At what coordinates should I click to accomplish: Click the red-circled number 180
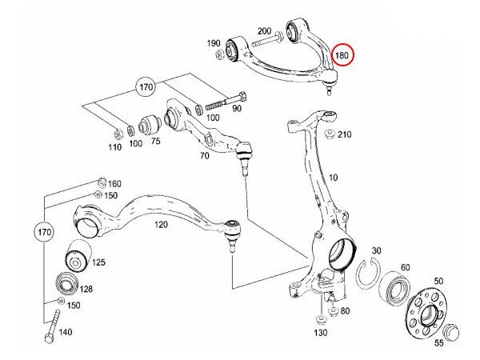[343, 55]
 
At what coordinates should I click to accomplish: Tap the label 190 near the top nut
[214, 42]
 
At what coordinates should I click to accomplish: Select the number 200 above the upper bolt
[266, 30]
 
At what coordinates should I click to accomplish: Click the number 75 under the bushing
[155, 140]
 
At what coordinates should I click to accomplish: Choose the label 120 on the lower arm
[161, 225]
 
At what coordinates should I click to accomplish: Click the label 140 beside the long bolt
[66, 331]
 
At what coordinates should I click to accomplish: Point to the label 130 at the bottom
[320, 332]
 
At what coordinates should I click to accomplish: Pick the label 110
[114, 148]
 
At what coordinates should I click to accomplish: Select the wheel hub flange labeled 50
[423, 309]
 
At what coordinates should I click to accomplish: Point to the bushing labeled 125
[75, 254]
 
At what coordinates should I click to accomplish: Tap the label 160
[114, 183]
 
